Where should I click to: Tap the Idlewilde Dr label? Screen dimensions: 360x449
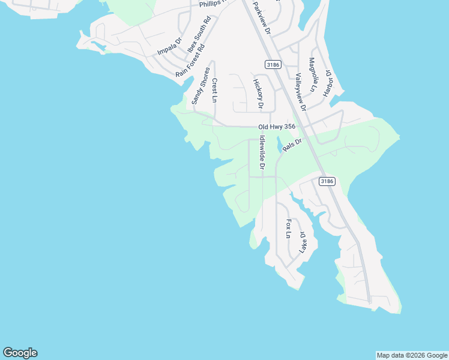[262, 153]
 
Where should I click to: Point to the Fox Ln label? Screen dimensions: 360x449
[289, 229]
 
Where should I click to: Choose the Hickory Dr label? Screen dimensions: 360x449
[258, 94]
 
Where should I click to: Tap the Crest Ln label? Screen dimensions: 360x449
[214, 90]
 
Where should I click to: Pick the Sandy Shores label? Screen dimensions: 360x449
[200, 86]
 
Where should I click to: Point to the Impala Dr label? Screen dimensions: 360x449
[169, 47]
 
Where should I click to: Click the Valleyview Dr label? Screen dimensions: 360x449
[300, 92]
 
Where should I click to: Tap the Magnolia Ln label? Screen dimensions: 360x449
[312, 75]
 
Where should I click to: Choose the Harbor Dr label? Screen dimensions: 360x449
[328, 83]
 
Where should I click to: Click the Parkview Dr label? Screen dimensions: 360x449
[262, 17]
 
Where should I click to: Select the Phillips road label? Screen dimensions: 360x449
[212, 3]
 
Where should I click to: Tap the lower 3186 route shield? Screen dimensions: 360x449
[327, 181]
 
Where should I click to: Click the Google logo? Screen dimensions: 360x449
[20, 353]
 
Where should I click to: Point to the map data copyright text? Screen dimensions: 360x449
[412, 355]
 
